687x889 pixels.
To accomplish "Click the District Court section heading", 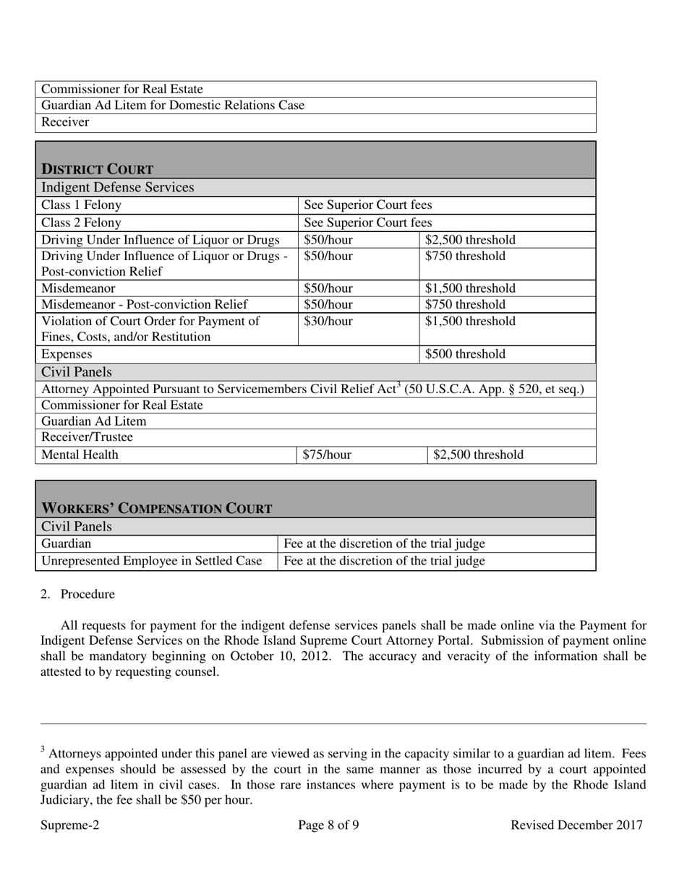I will (x=97, y=169).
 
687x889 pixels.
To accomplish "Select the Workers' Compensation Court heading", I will (x=157, y=508).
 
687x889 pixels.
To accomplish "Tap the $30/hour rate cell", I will (x=328, y=321).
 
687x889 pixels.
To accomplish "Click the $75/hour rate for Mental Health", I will (x=327, y=455).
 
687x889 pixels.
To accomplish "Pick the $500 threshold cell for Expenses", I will (x=465, y=354).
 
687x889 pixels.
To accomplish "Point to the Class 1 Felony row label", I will (x=82, y=205).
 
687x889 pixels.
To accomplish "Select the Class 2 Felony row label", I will (x=82, y=223).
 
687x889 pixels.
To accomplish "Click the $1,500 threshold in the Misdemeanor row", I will (x=470, y=288).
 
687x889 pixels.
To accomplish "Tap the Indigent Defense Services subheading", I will (x=117, y=188).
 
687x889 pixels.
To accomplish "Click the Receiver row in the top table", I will (x=66, y=122).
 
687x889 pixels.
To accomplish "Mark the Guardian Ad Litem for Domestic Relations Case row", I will (x=173, y=106).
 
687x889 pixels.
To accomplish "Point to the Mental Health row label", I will (x=80, y=455).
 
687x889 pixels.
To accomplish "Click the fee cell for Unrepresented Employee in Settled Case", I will (x=385, y=560).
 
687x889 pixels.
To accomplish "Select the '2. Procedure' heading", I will (x=87, y=594).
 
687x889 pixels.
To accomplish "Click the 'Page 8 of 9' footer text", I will (x=328, y=825).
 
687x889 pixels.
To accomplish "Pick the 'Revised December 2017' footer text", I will (x=576, y=825).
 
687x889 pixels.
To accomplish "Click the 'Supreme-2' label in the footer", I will (x=70, y=825).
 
